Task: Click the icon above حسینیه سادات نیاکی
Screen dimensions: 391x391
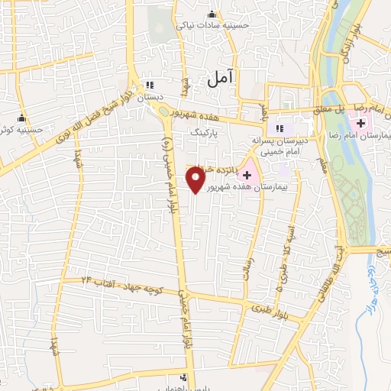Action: (x=217, y=14)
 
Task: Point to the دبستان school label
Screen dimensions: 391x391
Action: (x=150, y=98)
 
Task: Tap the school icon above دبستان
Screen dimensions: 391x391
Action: (x=150, y=85)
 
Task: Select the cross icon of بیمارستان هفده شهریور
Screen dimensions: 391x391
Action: (x=247, y=175)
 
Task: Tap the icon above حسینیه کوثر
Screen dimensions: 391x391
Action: (x=21, y=118)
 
